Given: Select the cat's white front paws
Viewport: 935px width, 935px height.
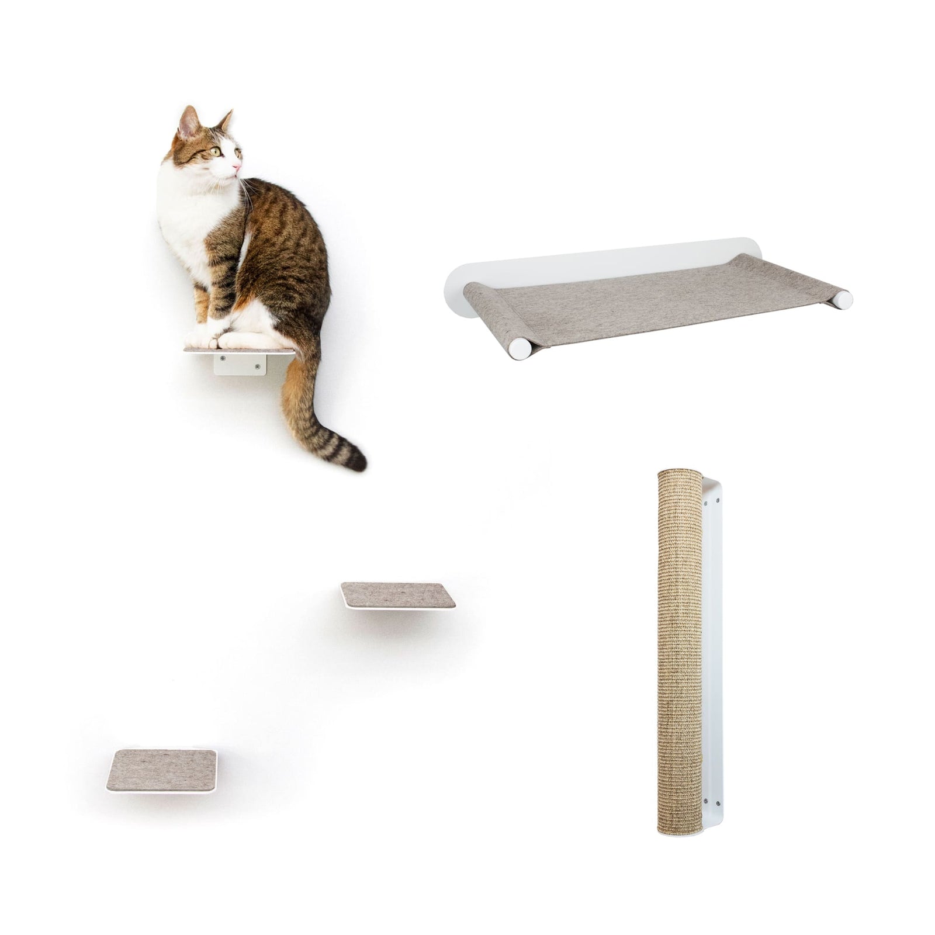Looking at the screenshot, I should (x=202, y=339).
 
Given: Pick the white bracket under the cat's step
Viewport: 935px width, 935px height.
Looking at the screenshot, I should (x=240, y=365).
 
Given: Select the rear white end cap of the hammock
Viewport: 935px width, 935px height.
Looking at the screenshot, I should (x=841, y=299).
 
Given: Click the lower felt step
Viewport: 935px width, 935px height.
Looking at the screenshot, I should (x=162, y=768).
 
